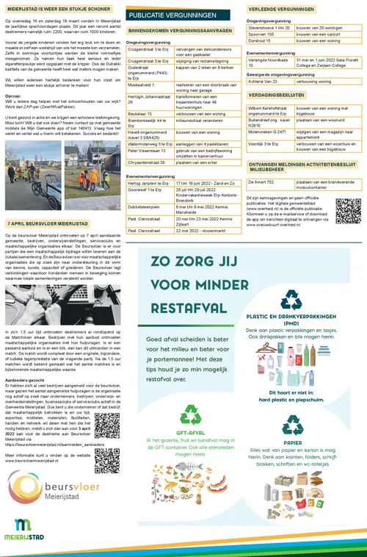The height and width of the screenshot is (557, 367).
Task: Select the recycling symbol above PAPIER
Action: (291, 425)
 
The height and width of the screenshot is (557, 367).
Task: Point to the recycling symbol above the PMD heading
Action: (291, 300)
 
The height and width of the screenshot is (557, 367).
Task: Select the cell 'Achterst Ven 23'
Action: (266, 82)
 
